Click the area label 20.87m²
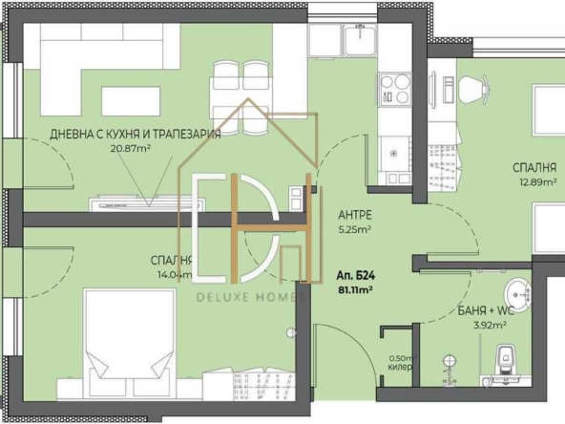point(131,148)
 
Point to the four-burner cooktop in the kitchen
point(393,90)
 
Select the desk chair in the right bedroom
point(474,89)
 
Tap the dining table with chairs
point(241,85)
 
